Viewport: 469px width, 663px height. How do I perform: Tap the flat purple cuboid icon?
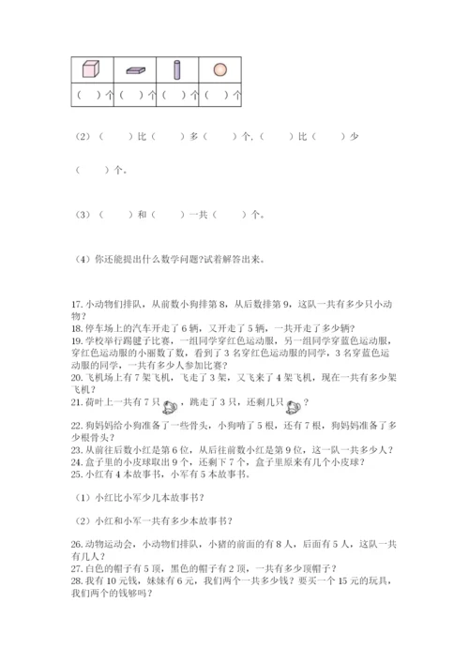coord(134,70)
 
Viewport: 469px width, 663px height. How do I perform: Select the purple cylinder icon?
coord(176,69)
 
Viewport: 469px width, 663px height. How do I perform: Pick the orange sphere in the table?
coord(219,69)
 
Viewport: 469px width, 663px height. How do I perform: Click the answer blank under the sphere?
coord(217,95)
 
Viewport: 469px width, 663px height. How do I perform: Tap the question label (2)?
coord(80,137)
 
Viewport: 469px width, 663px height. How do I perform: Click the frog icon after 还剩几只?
coord(293,406)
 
